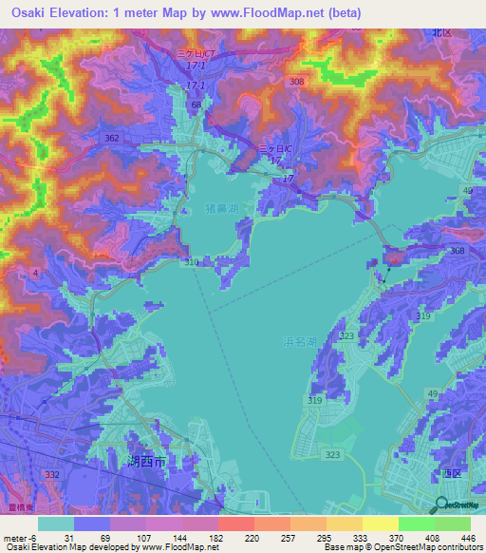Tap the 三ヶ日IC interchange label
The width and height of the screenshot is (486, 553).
tap(274, 149)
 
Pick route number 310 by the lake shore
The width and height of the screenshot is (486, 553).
tap(194, 261)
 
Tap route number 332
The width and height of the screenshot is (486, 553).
tap(51, 473)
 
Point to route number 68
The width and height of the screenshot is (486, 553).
tap(196, 105)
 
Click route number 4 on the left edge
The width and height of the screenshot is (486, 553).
tap(35, 274)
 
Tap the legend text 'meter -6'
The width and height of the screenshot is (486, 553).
tap(19, 538)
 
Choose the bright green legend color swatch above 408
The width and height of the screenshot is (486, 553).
tap(415, 524)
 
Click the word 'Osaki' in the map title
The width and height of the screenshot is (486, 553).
tap(25, 12)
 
